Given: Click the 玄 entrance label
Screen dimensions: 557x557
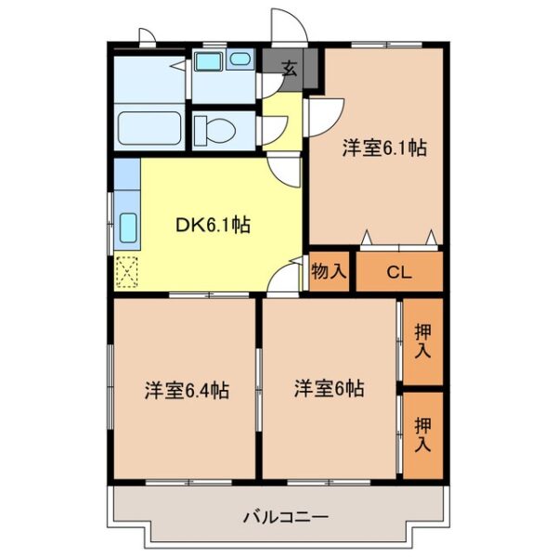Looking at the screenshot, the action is pyautogui.click(x=290, y=69).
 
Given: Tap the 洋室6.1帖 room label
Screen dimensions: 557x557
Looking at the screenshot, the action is pyautogui.click(x=384, y=148).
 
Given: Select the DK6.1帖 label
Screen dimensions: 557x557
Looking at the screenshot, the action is pyautogui.click(x=213, y=226).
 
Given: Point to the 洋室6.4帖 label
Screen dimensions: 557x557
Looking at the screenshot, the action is pyautogui.click(x=187, y=390).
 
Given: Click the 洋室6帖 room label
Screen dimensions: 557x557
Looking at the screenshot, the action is pyautogui.click(x=329, y=388).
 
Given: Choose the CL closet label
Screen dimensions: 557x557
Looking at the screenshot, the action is pyautogui.click(x=399, y=273).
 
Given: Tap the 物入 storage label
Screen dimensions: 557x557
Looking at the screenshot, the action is pyautogui.click(x=329, y=272).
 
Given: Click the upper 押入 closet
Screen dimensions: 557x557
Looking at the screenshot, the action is pyautogui.click(x=422, y=341).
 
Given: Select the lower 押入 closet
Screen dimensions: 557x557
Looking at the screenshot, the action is pyautogui.click(x=422, y=434).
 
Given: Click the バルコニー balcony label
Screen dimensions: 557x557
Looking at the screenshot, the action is pyautogui.click(x=286, y=517).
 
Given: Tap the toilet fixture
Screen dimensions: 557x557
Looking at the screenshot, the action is pyautogui.click(x=214, y=130).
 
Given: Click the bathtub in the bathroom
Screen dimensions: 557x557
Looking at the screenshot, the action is pyautogui.click(x=149, y=129).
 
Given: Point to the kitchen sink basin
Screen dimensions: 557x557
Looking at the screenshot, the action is pyautogui.click(x=128, y=227).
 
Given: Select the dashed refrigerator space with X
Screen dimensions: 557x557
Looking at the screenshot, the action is pyautogui.click(x=127, y=272).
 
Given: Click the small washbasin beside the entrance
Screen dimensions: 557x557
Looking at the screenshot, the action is pyautogui.click(x=240, y=58).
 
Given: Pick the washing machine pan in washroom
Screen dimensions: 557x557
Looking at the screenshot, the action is pyautogui.click(x=208, y=60).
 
